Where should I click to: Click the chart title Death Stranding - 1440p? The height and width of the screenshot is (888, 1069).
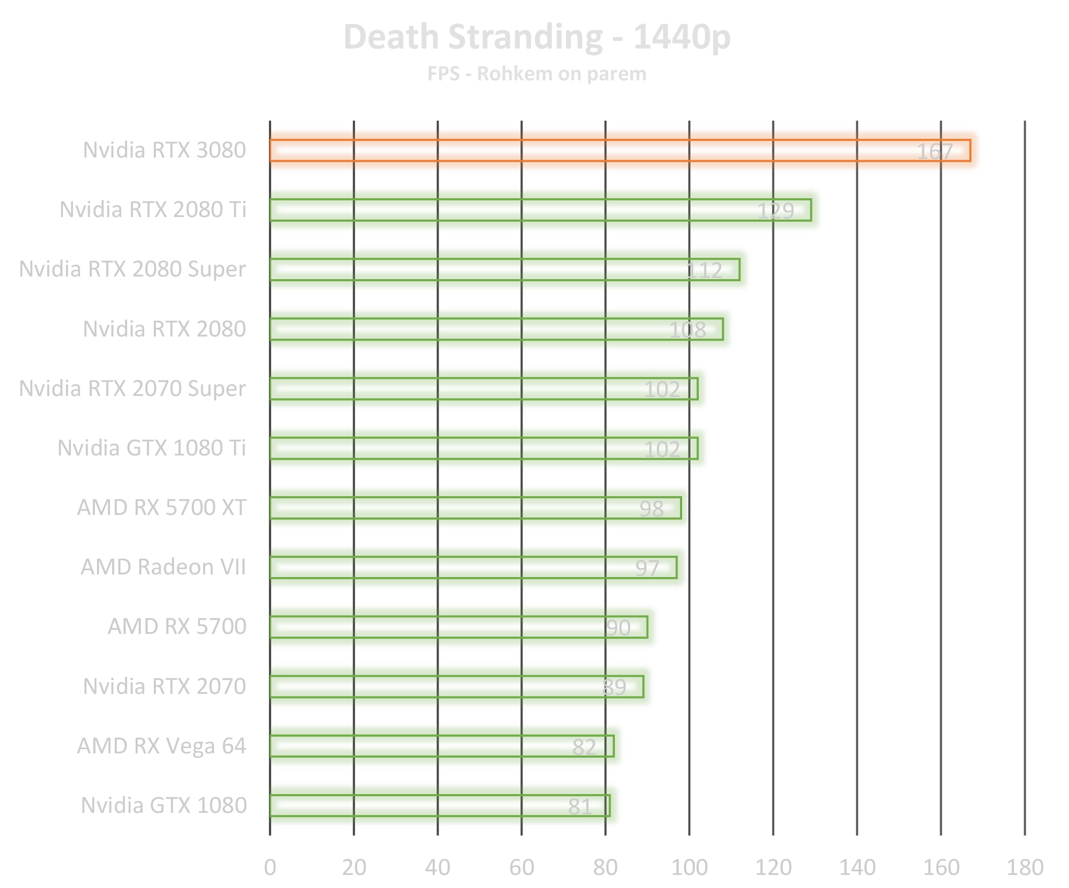[537, 38]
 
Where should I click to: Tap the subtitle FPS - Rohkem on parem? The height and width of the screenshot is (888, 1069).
[537, 74]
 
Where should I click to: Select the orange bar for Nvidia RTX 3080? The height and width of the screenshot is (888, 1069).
[574, 151]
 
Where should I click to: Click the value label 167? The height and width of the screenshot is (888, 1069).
[934, 152]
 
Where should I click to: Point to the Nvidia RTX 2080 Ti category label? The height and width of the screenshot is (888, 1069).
[153, 210]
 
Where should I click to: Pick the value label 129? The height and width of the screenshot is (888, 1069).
[775, 211]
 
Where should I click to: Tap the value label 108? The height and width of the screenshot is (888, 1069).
[687, 330]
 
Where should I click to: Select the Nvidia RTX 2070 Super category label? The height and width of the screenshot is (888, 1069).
[132, 389]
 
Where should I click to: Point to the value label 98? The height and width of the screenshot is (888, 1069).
[651, 509]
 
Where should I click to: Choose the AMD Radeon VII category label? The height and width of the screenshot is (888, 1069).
[163, 567]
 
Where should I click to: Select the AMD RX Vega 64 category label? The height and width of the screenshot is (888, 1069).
[162, 746]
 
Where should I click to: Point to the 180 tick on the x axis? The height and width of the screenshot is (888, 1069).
[1025, 868]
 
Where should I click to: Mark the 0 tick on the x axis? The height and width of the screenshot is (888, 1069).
[270, 868]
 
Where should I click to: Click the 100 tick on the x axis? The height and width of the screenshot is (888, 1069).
[689, 868]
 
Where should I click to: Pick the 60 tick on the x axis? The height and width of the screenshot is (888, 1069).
[521, 868]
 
